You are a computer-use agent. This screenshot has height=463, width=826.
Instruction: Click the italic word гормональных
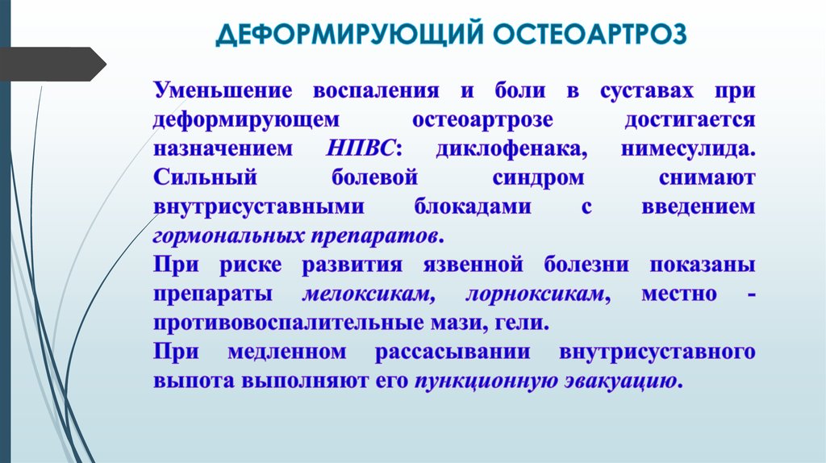point(227,236)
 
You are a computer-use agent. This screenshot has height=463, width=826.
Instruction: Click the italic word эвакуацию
point(624,382)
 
